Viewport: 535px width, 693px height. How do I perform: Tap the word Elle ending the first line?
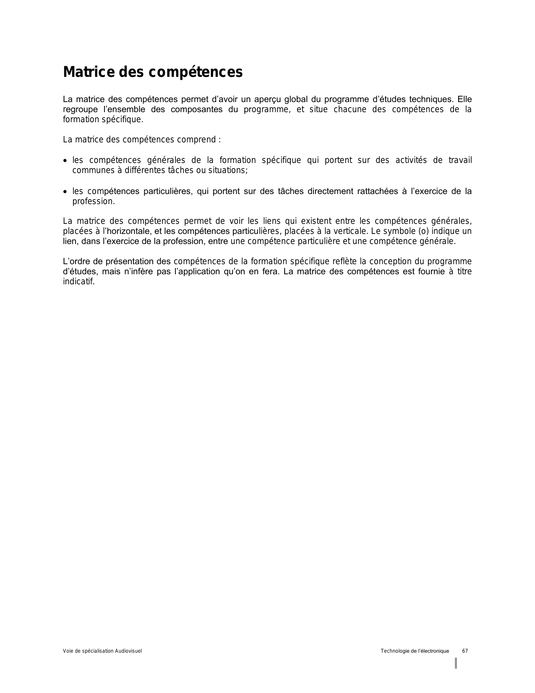[x=465, y=100]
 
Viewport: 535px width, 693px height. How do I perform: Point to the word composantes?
[x=197, y=110]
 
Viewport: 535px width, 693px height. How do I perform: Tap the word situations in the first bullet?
[x=227, y=170]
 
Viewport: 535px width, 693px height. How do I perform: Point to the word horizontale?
[x=129, y=231]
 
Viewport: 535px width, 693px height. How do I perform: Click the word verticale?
[x=350, y=231]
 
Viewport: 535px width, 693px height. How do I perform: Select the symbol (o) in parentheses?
[x=425, y=231]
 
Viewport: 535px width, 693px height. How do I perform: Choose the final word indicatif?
[x=78, y=281]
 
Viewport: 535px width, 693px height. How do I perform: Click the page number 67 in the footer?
[x=465, y=651]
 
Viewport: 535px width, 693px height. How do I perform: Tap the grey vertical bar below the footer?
[x=456, y=663]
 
